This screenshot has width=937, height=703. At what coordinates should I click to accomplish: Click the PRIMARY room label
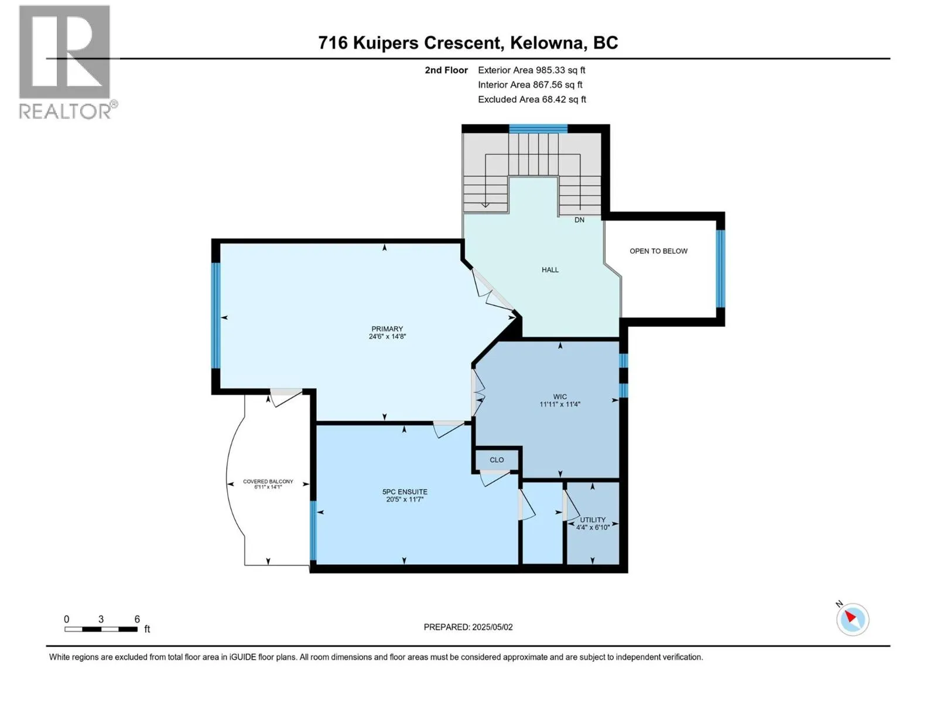tap(387, 329)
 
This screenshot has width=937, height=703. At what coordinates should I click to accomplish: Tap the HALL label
tap(550, 270)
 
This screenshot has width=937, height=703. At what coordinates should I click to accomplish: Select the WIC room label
tap(560, 397)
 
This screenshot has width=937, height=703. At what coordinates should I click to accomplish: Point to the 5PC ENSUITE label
tap(405, 492)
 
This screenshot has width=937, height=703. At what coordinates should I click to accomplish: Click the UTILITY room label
tap(593, 520)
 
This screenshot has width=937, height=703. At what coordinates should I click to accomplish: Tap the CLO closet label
tap(497, 460)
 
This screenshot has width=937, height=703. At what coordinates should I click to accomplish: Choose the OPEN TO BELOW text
tap(658, 251)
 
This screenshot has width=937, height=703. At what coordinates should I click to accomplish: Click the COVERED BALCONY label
tap(268, 482)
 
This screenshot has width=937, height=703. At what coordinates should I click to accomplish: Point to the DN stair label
tap(579, 220)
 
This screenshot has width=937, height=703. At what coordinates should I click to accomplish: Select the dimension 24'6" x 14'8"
tap(387, 337)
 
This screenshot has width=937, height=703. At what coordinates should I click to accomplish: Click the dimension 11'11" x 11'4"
tap(560, 404)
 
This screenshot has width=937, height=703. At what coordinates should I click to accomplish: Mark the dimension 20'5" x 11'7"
tap(405, 500)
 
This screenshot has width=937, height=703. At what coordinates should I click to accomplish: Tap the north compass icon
tap(852, 619)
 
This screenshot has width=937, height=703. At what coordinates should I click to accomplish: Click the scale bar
tap(101, 629)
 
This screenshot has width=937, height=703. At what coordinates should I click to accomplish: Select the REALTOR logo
tap(66, 62)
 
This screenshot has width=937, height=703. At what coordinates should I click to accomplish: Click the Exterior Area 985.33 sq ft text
tap(531, 70)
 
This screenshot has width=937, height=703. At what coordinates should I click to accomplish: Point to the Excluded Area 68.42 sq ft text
tap(532, 100)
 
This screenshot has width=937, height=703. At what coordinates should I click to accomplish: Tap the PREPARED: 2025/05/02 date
tap(468, 627)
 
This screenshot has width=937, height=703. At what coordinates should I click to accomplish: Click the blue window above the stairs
tap(538, 129)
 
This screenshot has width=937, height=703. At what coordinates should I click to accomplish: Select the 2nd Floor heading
tap(446, 70)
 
